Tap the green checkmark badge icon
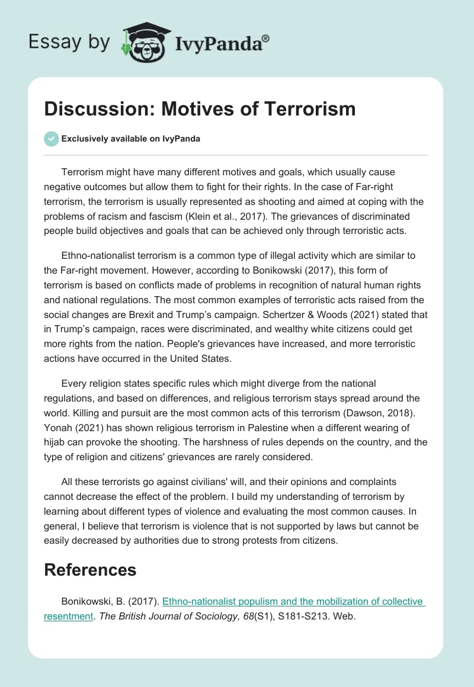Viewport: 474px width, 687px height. tap(52, 139)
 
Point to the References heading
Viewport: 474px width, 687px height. tap(90, 570)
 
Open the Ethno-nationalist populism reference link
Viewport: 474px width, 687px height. tap(293, 601)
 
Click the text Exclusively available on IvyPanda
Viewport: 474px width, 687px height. tap(131, 139)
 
